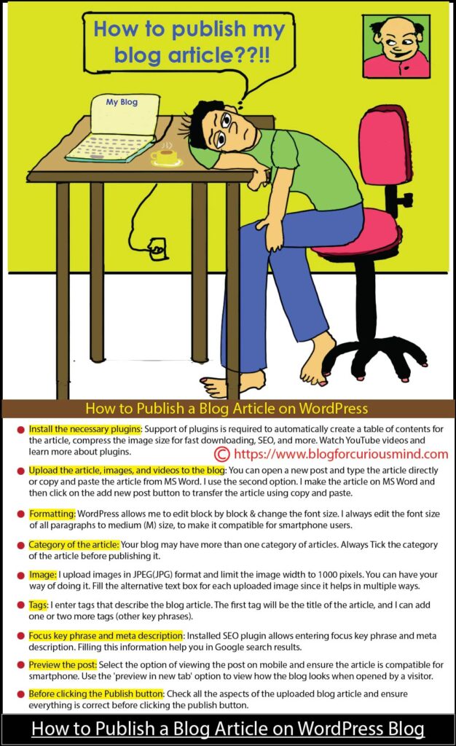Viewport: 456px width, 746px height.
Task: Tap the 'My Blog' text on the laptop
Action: tap(122, 102)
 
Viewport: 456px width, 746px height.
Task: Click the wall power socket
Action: tap(157, 248)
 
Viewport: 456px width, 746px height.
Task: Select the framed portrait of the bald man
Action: tap(396, 46)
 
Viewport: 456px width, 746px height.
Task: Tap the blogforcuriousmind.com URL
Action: tap(341, 454)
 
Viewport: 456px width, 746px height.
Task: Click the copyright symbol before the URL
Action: tap(222, 455)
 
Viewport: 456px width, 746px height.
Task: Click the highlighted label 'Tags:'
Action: tap(39, 605)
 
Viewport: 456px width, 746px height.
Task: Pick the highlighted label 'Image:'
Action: tap(43, 575)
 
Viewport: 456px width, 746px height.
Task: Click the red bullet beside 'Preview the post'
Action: tap(21, 665)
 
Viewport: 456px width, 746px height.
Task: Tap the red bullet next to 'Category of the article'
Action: tap(21, 545)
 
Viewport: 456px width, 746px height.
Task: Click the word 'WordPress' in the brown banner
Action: tap(334, 408)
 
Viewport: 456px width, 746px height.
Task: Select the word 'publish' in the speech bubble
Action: tap(208, 30)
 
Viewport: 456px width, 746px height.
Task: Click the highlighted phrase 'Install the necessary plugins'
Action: tap(85, 429)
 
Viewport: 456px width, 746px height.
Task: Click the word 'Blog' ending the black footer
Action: tap(406, 729)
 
